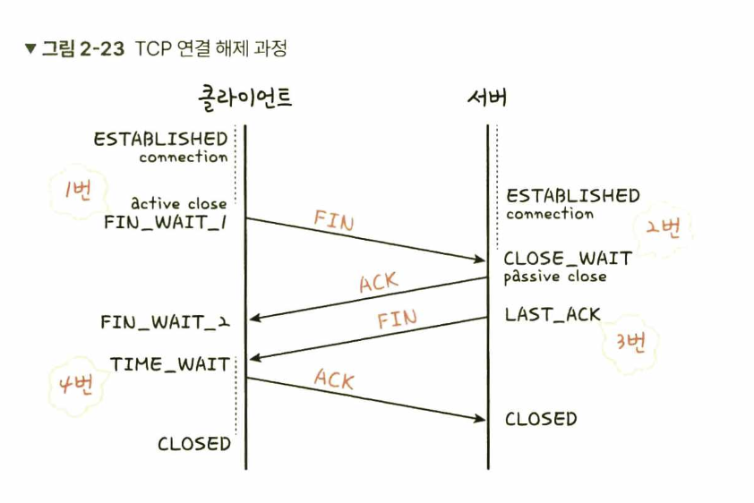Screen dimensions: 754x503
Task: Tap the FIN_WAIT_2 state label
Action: coord(166,321)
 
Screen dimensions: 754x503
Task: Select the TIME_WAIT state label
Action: coord(170,363)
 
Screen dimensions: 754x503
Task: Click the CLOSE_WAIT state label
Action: coord(568,259)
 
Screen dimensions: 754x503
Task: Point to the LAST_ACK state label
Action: coord(553,314)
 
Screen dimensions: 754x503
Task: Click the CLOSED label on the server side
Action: coord(541,419)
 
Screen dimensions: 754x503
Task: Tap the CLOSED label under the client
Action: coord(194,444)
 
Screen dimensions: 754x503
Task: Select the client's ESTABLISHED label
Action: coord(161,139)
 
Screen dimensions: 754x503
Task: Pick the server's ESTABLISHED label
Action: coord(573,196)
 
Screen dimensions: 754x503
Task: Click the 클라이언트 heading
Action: coord(245,97)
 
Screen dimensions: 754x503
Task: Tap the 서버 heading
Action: coord(487,97)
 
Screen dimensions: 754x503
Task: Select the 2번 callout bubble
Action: coord(663,226)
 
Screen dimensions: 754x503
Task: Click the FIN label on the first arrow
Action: coord(333,220)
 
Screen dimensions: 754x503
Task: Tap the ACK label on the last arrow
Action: coord(334,379)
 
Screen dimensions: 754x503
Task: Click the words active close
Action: coord(179,203)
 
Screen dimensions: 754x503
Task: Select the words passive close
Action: coord(555,277)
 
